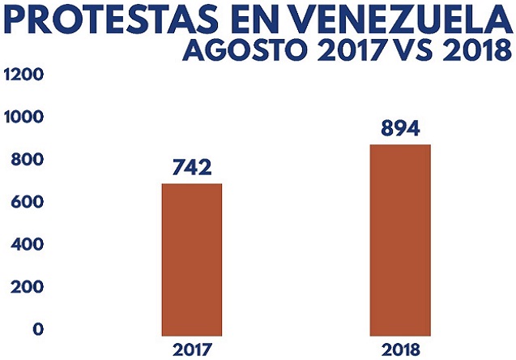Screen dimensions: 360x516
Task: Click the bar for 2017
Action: (x=192, y=259)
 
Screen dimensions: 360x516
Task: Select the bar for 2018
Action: (x=399, y=239)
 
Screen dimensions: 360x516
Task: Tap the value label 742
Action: (x=192, y=168)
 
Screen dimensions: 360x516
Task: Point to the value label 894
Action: (x=399, y=129)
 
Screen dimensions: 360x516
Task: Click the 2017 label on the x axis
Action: (x=192, y=349)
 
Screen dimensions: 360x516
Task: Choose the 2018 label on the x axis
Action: (x=399, y=349)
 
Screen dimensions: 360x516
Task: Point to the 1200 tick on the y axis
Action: (x=23, y=75)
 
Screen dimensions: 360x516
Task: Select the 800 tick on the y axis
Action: (x=23, y=160)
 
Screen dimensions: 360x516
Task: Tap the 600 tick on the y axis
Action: (x=23, y=202)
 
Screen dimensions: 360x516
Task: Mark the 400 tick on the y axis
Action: (x=23, y=244)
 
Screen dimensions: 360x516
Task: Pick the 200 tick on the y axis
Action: (x=23, y=287)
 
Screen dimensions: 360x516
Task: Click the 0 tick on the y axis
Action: (x=37, y=329)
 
